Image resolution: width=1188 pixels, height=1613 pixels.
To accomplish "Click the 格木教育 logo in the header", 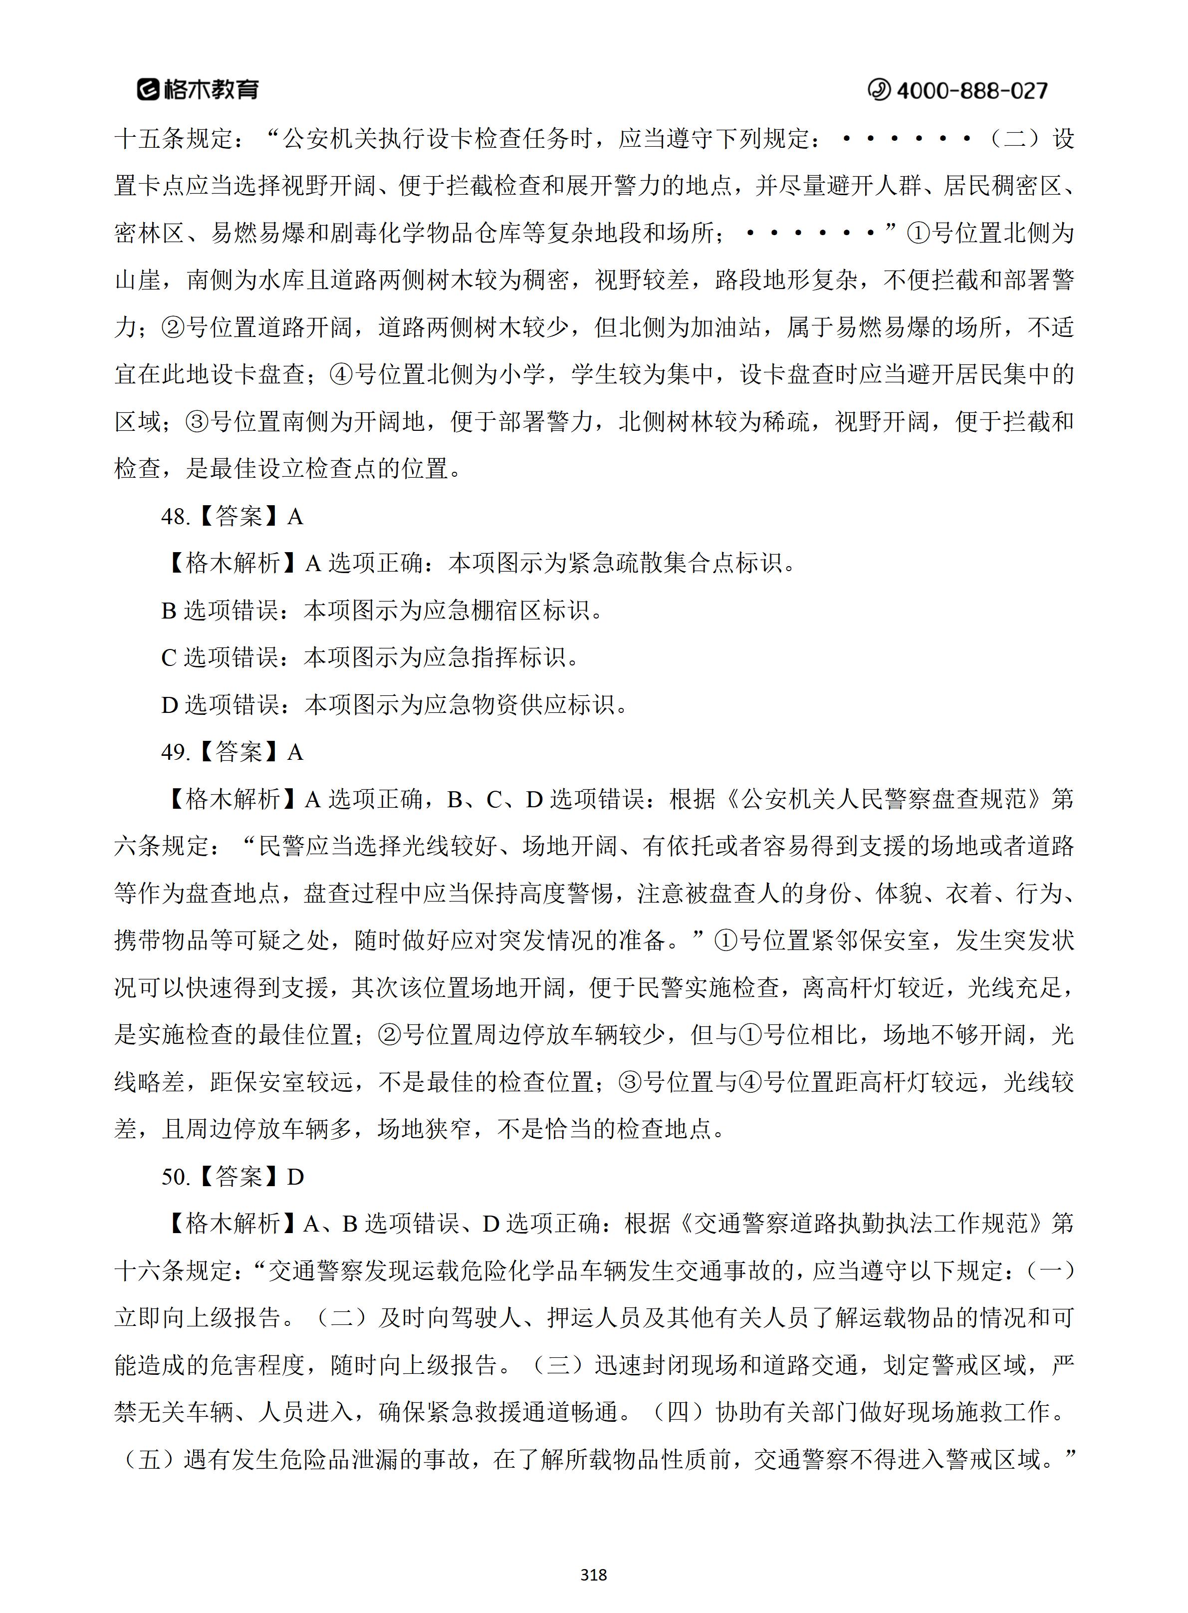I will pyautogui.click(x=198, y=89).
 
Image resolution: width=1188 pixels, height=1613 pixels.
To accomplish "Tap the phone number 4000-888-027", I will pyautogui.click(x=971, y=91).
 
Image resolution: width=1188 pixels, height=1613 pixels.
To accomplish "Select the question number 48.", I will pyautogui.click(x=175, y=517).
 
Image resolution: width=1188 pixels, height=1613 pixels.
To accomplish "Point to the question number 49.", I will pyautogui.click(x=175, y=752).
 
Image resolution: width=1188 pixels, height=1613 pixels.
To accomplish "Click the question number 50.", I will pyautogui.click(x=175, y=1177).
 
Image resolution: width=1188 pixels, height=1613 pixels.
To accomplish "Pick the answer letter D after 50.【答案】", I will pyautogui.click(x=295, y=1177).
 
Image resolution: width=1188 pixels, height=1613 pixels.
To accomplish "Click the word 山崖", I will pyautogui.click(x=138, y=281).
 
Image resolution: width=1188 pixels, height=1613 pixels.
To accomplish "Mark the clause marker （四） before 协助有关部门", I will pyautogui.click(x=678, y=1412).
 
